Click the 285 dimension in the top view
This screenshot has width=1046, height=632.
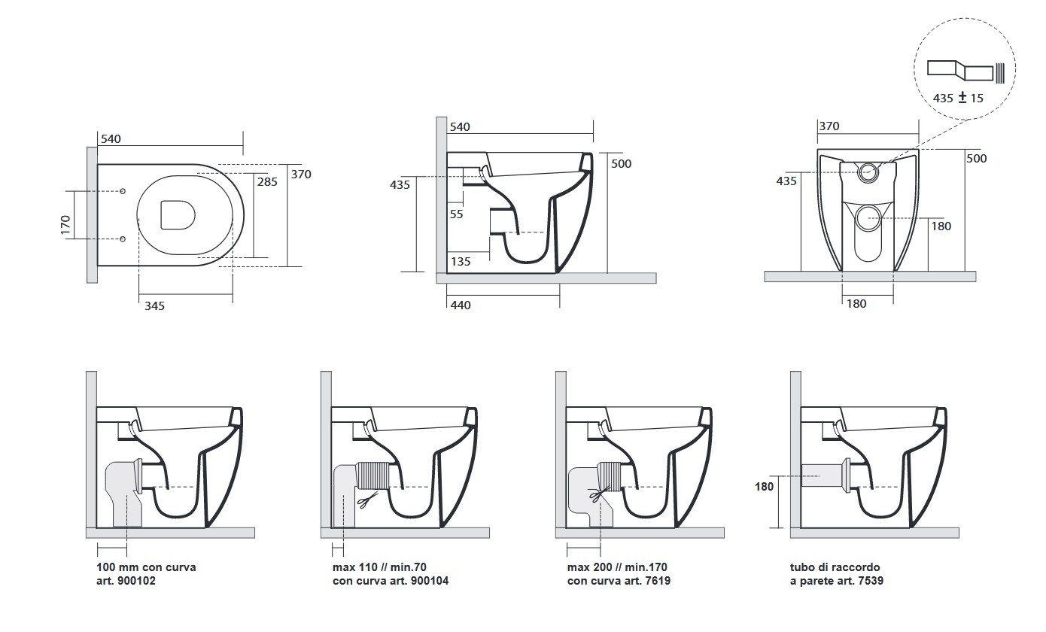267,181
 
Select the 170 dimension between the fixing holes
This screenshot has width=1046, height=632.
65,224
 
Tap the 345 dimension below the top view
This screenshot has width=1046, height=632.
154,305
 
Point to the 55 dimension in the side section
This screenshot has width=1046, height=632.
456,214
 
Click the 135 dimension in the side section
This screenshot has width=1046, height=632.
461,262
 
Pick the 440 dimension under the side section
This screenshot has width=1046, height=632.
460,305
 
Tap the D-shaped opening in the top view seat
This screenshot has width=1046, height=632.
178,214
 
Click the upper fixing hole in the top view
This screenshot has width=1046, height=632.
122,190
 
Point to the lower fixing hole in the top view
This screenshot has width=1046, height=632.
122,239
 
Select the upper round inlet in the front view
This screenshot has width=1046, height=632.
867,172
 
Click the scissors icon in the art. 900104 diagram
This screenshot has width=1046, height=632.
365,500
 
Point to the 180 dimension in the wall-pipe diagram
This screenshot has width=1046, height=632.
764,487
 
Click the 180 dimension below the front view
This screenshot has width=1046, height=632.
856,304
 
